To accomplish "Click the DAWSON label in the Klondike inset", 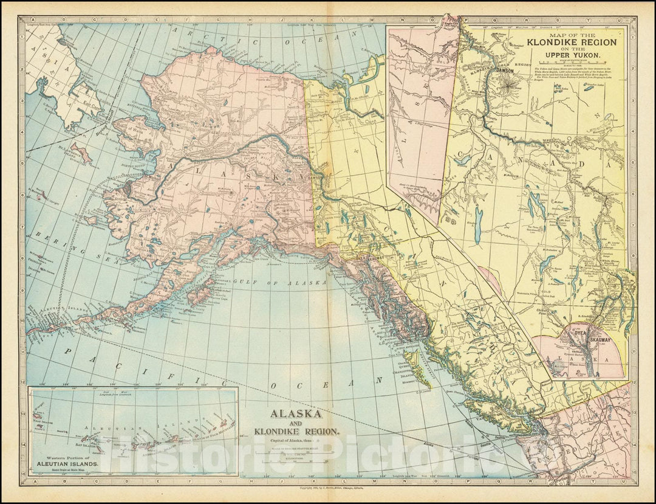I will (x=505, y=71).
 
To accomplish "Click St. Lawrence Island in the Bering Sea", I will (x=81, y=152).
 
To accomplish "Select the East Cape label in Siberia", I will (x=91, y=104).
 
